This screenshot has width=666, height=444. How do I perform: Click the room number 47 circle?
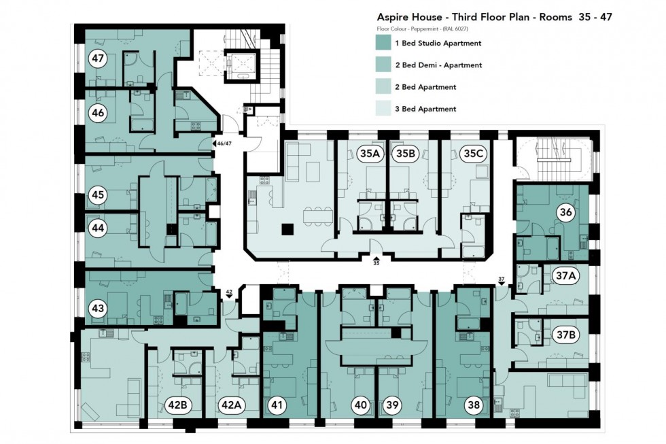click(x=99, y=58)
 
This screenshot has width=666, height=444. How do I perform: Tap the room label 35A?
click(x=370, y=154)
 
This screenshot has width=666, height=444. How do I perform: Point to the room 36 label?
click(x=565, y=212)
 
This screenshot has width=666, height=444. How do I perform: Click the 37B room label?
click(x=565, y=335)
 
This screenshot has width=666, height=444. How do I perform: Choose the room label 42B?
click(x=177, y=405)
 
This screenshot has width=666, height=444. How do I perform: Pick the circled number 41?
click(x=278, y=405)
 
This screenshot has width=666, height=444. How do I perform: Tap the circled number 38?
click(x=474, y=405)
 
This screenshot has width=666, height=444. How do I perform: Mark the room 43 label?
click(x=99, y=308)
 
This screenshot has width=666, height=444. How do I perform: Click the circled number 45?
click(x=99, y=195)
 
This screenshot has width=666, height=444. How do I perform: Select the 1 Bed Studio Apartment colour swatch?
click(x=385, y=44)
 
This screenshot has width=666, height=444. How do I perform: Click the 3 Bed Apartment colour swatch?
click(x=385, y=109)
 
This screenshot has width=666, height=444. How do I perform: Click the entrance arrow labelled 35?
click(x=375, y=258)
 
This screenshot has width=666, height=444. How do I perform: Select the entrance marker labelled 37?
click(x=502, y=282)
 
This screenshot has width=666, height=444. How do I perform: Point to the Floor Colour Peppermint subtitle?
click(x=422, y=29)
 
